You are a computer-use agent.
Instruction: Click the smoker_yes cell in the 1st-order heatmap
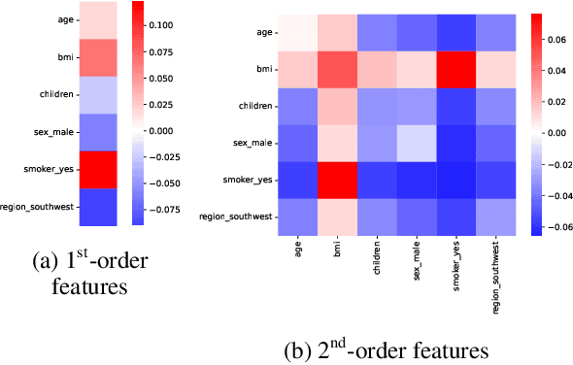point(97,169)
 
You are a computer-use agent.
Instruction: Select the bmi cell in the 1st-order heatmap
point(97,57)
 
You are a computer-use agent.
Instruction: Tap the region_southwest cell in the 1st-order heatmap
point(97,206)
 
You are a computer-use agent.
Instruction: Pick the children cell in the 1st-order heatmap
point(97,94)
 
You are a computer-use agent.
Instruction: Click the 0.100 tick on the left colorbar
point(158,23)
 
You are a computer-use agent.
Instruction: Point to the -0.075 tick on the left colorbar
point(158,207)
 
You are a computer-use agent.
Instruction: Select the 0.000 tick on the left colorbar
point(158,129)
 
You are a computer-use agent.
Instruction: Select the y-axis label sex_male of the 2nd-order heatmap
point(251,143)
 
